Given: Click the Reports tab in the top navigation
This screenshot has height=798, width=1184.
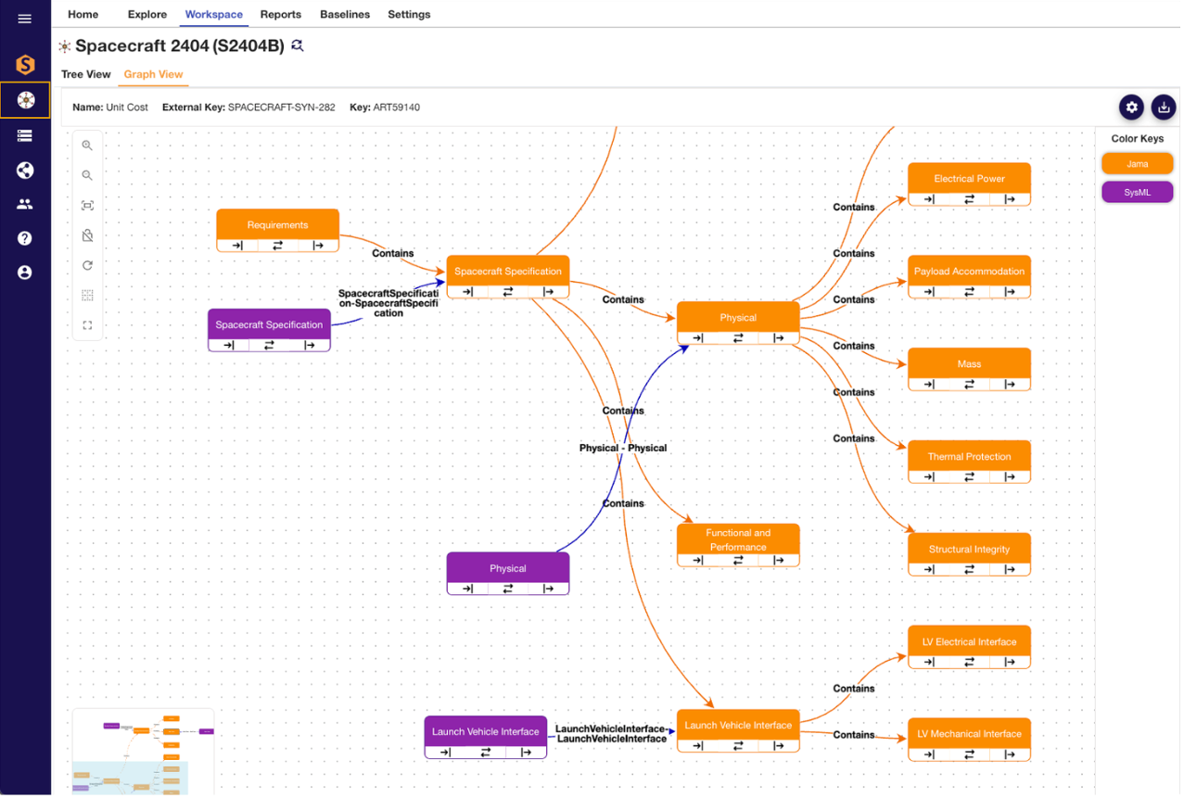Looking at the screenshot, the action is [x=281, y=14].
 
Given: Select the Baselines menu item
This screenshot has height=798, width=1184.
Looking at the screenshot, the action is [x=345, y=14].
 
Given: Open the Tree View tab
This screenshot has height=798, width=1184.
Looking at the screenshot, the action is [x=85, y=74].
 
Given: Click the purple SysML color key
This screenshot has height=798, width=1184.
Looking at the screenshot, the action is [x=1137, y=193].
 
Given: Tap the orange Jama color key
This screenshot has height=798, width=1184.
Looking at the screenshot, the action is [x=1137, y=164].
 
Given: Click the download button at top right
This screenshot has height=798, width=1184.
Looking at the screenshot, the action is [x=1164, y=108].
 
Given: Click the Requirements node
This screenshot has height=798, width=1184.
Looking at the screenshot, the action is [x=277, y=231].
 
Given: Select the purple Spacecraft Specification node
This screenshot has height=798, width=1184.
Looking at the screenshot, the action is [x=269, y=330].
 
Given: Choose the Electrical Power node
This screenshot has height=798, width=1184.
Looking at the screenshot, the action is [x=969, y=184].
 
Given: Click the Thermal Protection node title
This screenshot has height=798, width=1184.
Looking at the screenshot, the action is [x=969, y=457].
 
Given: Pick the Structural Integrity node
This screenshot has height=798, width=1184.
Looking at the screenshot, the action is [x=969, y=554].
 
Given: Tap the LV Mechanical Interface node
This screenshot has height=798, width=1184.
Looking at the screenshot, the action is [x=969, y=740].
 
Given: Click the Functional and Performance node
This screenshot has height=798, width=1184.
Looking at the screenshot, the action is [x=738, y=545].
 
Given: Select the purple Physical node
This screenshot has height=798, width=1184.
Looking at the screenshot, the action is [x=508, y=574].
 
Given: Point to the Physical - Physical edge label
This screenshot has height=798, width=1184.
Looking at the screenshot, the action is [x=623, y=449].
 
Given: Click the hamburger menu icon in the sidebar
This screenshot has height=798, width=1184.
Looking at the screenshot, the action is [x=24, y=19].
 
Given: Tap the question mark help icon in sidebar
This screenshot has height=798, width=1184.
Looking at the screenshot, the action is [x=24, y=238].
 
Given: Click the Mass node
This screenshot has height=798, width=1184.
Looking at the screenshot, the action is [x=969, y=370].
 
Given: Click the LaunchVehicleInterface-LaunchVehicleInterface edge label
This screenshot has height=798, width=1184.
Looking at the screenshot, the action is [x=612, y=734].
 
